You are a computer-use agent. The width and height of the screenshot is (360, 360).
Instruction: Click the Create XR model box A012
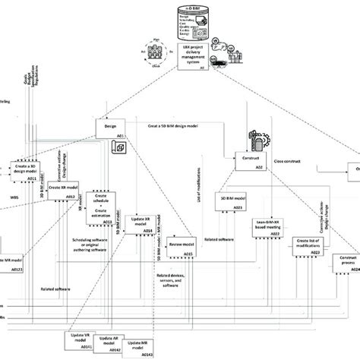coord(63,190)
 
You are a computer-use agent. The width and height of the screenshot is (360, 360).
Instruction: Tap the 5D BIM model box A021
coord(233,201)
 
